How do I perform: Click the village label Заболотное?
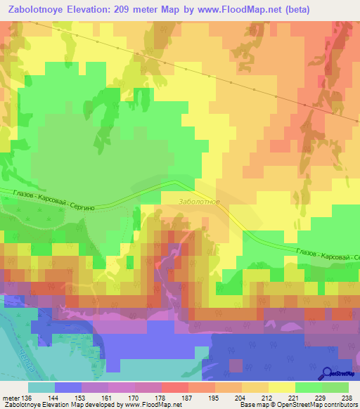(x=200, y=202)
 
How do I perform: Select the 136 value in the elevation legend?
(x=27, y=397)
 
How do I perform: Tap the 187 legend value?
(x=186, y=397)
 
